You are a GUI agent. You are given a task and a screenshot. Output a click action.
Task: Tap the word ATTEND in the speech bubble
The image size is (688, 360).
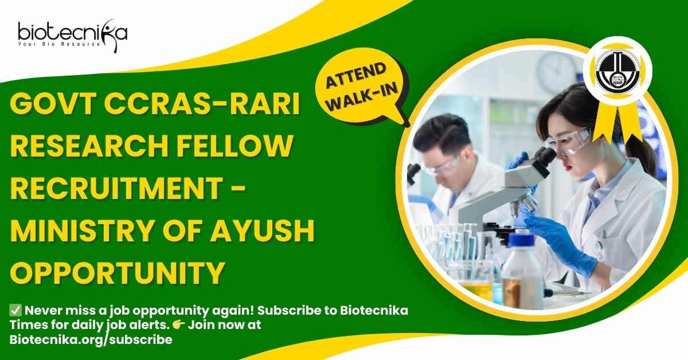(355, 75)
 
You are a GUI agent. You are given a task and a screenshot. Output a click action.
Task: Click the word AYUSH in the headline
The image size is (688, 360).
(261, 230)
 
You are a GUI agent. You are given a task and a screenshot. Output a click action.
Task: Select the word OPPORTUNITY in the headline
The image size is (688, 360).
(118, 273)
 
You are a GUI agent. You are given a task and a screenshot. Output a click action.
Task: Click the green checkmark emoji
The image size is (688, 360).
(15, 310)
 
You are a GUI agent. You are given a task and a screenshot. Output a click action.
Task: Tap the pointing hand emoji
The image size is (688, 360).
(178, 324)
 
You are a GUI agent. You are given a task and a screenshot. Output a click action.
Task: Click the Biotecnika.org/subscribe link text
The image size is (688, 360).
(91, 340)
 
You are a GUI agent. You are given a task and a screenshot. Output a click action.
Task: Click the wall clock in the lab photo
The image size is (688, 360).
(556, 70)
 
